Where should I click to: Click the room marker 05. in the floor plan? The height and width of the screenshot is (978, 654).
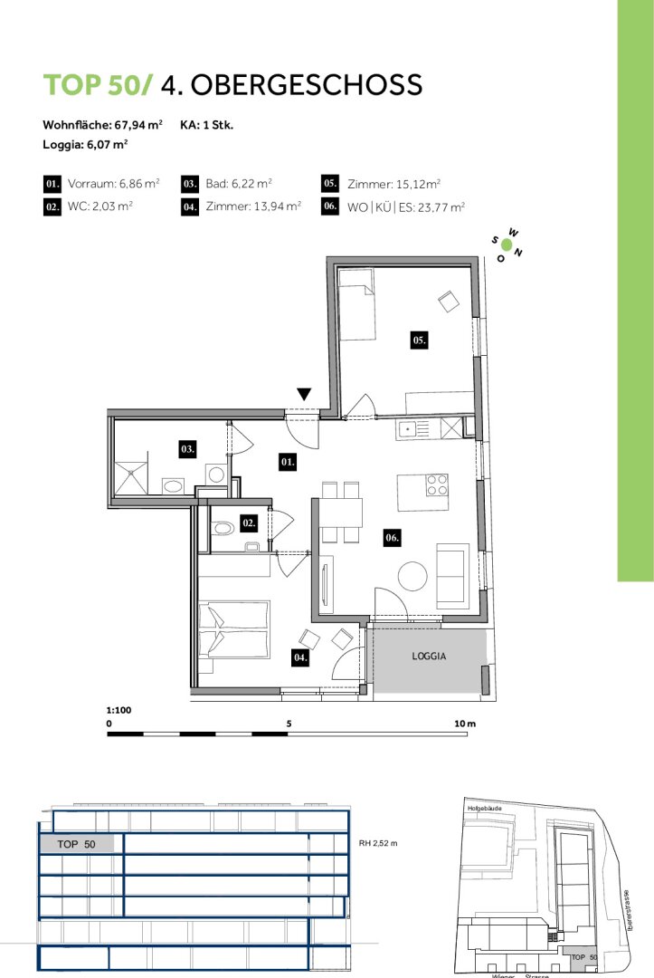[419, 340]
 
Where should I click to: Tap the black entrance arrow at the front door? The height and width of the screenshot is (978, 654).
[304, 394]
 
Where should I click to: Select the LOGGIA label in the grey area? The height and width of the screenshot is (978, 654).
[429, 657]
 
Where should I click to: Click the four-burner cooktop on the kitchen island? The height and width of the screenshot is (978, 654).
[437, 485]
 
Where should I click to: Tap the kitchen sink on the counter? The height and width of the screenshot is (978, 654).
[408, 428]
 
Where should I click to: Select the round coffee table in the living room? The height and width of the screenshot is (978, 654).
[412, 576]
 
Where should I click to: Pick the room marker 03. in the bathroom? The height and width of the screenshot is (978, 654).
[187, 448]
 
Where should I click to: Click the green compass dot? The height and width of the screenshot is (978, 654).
[507, 245]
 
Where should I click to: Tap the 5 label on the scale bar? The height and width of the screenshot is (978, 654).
[289, 724]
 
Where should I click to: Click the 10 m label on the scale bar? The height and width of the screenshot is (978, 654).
[465, 724]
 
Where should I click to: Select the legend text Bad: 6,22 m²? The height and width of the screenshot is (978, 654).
[239, 183]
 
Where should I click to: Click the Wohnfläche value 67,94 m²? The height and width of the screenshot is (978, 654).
[138, 125]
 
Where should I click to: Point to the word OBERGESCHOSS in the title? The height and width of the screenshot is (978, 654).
[307, 85]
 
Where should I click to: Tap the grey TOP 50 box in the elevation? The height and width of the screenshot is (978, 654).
[77, 844]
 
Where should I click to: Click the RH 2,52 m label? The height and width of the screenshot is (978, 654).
[378, 843]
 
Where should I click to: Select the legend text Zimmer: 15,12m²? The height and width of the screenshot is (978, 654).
[393, 184]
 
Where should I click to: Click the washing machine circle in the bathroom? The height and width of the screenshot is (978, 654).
[216, 475]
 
